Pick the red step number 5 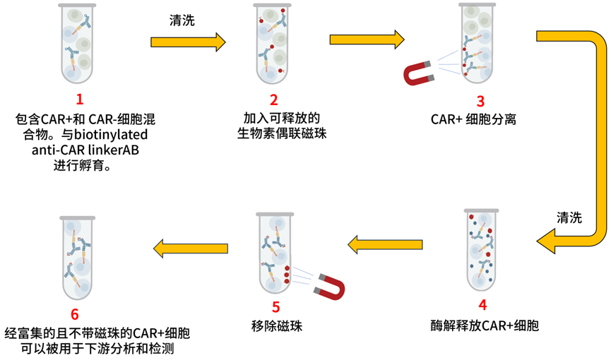coord(275,306)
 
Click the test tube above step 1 coord(76,44)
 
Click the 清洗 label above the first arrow coord(182,21)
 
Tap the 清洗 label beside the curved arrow coord(569,217)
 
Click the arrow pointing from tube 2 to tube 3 coord(367,40)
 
